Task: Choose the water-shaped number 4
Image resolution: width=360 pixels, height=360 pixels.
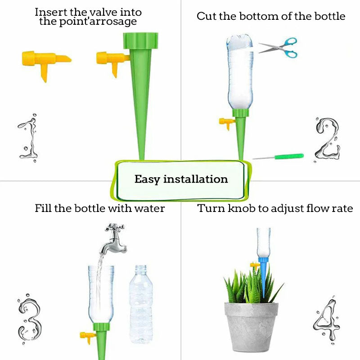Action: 325,320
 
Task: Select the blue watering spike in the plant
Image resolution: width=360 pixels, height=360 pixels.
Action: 263,274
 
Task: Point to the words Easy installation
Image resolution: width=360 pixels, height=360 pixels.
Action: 181,179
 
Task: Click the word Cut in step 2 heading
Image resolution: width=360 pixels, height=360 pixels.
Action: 206,17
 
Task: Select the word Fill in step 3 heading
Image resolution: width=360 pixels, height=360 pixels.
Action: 44,208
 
